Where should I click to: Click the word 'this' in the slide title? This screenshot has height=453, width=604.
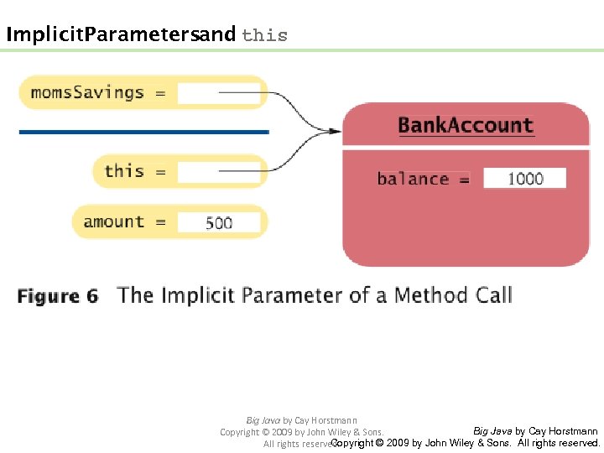(264, 35)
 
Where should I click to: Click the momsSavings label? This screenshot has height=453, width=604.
(87, 92)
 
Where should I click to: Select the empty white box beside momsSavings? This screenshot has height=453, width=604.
(220, 93)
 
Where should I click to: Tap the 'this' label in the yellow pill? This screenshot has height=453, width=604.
(124, 171)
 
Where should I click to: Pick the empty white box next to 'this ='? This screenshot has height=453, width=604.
(220, 172)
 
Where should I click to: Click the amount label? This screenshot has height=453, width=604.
(114, 222)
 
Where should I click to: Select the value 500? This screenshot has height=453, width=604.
(219, 223)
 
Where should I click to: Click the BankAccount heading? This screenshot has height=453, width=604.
(466, 126)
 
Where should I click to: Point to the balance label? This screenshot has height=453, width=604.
(413, 179)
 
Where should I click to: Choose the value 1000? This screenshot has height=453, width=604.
(525, 179)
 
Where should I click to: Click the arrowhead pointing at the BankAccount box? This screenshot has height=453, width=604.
(336, 131)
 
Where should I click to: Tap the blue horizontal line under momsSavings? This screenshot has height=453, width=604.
(143, 132)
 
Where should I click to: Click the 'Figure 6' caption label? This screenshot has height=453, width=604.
(58, 296)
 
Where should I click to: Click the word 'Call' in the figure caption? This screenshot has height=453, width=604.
(492, 295)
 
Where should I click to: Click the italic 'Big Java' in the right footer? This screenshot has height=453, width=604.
(492, 431)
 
